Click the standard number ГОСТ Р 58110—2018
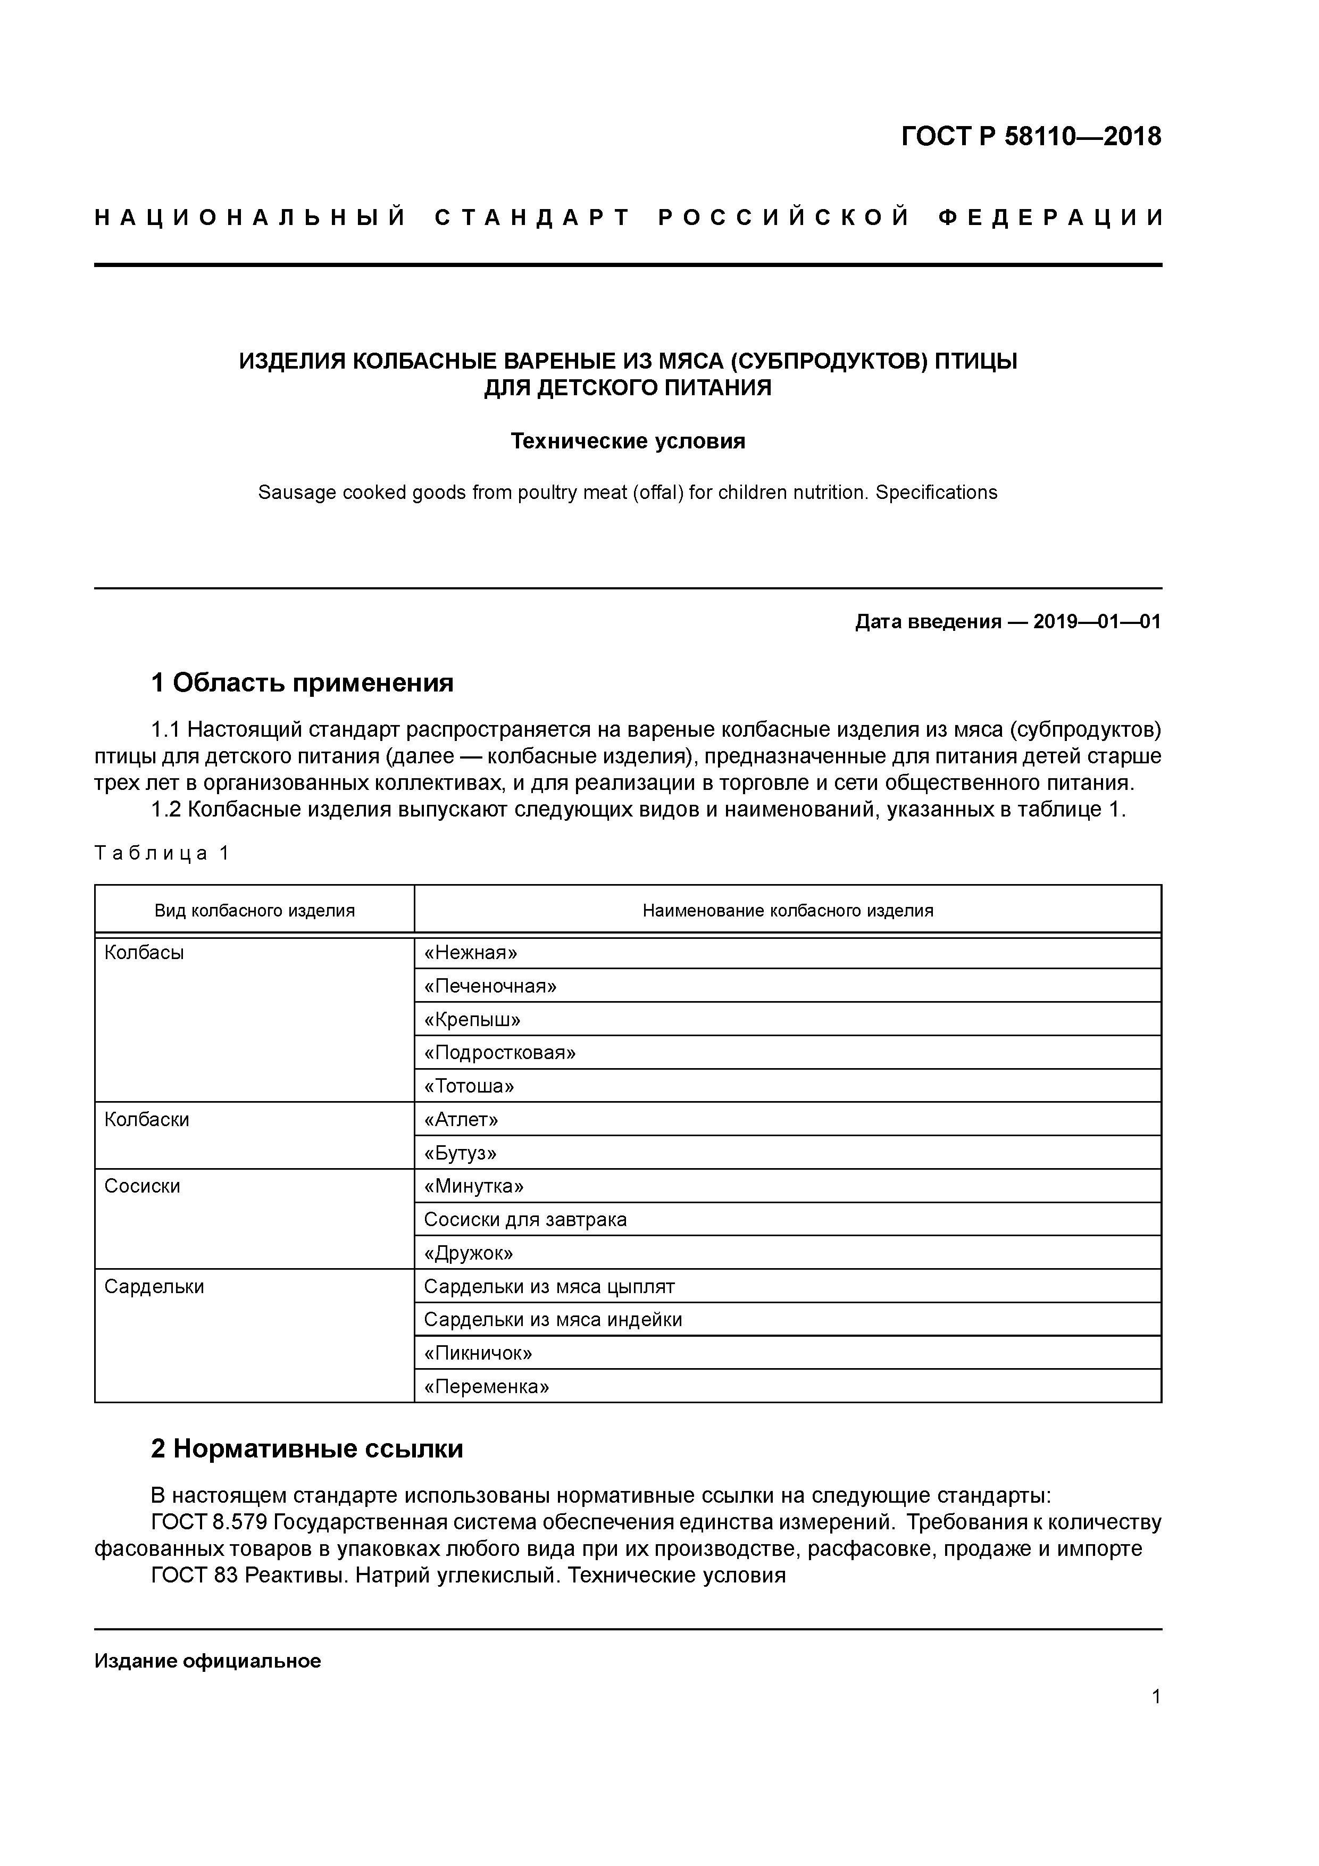pyautogui.click(x=1031, y=137)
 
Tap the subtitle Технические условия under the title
pyautogui.click(x=628, y=441)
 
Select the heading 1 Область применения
pyautogui.click(x=302, y=682)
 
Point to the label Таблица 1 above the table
pyautogui.click(x=163, y=853)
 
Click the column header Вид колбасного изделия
pyautogui.click(x=254, y=910)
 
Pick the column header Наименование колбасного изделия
pyautogui.click(x=788, y=910)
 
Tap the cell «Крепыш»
pyautogui.click(x=472, y=1019)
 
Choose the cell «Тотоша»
pyautogui.click(x=469, y=1086)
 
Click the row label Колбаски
pyautogui.click(x=147, y=1119)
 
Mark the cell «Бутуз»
pyautogui.click(x=460, y=1153)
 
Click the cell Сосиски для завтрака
pyautogui.click(x=525, y=1219)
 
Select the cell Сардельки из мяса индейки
pyautogui.click(x=553, y=1319)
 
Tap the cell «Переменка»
pyautogui.click(x=486, y=1387)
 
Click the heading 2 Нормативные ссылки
pyautogui.click(x=307, y=1449)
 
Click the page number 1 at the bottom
pyautogui.click(x=1156, y=1696)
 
